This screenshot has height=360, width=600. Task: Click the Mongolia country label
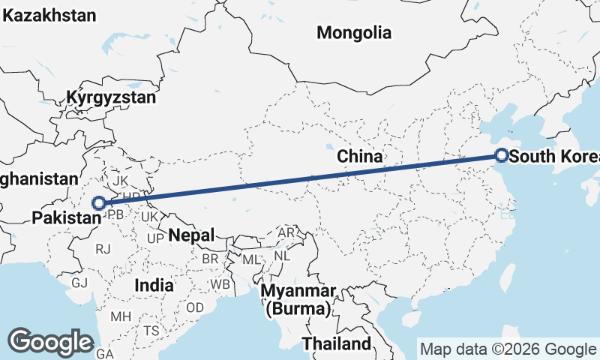pyautogui.click(x=354, y=32)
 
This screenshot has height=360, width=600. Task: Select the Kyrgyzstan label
pyautogui.click(x=111, y=97)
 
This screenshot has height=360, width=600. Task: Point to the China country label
pyautogui.click(x=360, y=156)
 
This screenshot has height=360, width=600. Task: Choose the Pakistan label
pyautogui.click(x=66, y=217)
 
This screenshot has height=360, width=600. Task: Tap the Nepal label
pyautogui.click(x=191, y=235)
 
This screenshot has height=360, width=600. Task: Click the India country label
pyautogui.click(x=154, y=285)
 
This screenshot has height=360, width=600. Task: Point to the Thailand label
pyautogui.click(x=337, y=343)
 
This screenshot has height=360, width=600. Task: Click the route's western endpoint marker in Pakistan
pyautogui.click(x=98, y=202)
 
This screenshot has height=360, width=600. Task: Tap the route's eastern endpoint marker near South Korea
pyautogui.click(x=502, y=156)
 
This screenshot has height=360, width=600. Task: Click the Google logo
pyautogui.click(x=51, y=341)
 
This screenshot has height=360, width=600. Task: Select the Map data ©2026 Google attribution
pyautogui.click(x=508, y=349)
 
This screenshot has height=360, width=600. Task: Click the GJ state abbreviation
pyautogui.click(x=79, y=282)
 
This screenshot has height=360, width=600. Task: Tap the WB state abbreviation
pyautogui.click(x=220, y=285)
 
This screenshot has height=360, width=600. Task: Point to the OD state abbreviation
pyautogui.click(x=195, y=307)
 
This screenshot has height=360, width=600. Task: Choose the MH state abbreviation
pyautogui.click(x=120, y=316)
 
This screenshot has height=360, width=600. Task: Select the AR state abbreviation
pyautogui.click(x=286, y=232)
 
